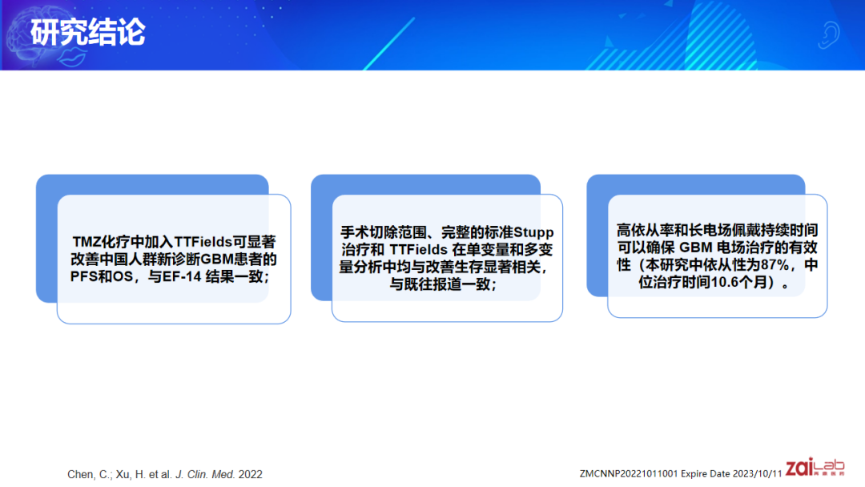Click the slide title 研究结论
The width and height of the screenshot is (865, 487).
[89, 33]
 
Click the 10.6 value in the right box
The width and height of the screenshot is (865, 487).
[722, 283]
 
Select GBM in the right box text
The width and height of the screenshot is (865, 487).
[696, 248]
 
